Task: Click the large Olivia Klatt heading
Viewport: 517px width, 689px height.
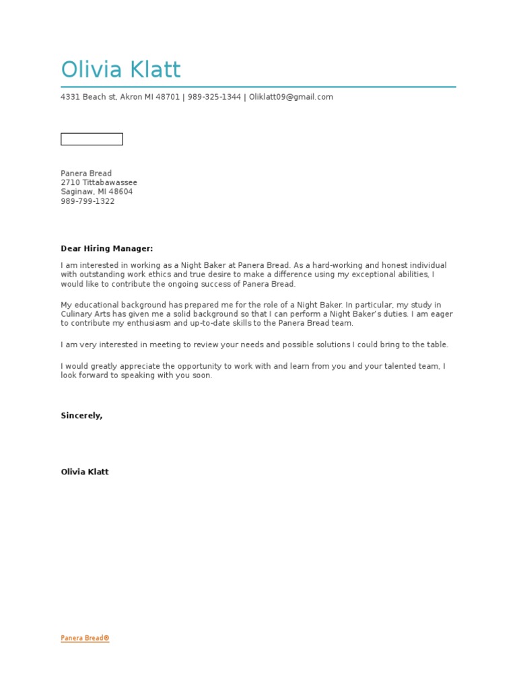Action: point(120,70)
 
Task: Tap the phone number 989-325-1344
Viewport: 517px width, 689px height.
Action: point(214,97)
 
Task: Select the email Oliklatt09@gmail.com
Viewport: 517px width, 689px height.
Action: point(291,97)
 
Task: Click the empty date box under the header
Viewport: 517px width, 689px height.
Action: point(92,139)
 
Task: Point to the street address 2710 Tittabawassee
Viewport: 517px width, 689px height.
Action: point(99,182)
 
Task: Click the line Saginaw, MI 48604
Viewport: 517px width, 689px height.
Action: point(97,192)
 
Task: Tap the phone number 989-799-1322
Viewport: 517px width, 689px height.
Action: point(88,201)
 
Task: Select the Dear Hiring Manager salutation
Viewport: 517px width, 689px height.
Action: point(107,249)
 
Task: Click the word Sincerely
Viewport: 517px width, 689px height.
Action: point(81,416)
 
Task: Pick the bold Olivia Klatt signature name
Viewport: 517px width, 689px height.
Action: point(85,472)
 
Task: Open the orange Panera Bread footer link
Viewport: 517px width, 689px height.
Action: point(85,638)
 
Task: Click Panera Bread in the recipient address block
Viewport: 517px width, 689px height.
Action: point(86,174)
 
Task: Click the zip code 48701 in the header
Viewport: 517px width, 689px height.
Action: point(168,97)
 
